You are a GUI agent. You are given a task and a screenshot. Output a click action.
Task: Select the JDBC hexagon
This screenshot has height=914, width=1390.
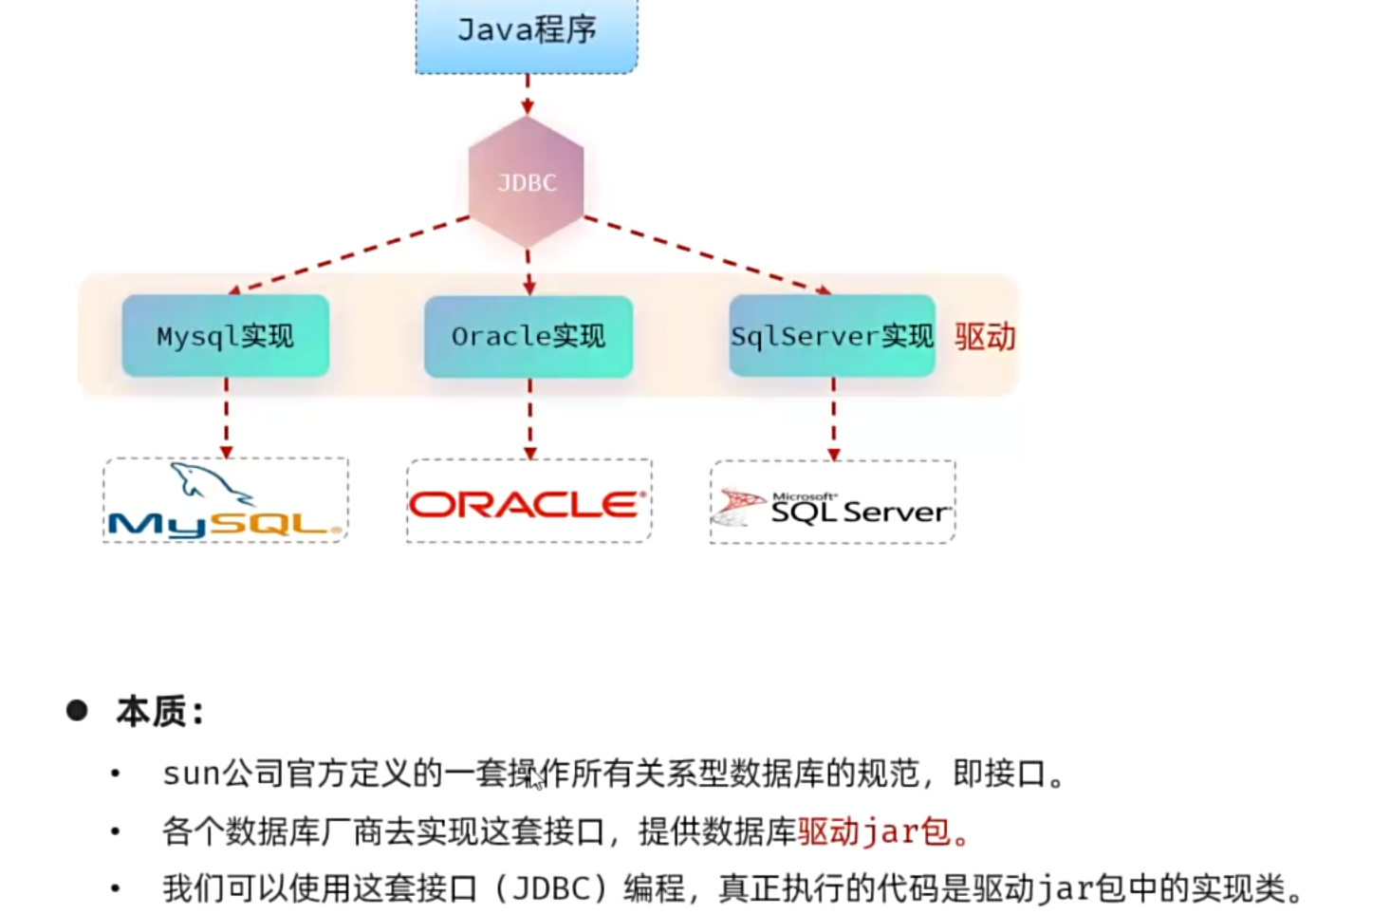(527, 182)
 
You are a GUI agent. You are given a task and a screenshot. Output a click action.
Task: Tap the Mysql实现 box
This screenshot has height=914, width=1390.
(226, 336)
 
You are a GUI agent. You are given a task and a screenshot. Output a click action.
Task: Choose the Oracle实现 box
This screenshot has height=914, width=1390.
(528, 336)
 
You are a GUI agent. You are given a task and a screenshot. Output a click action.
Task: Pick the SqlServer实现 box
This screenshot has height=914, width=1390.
(832, 336)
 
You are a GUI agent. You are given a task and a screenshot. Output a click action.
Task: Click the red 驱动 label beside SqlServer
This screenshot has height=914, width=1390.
(985, 337)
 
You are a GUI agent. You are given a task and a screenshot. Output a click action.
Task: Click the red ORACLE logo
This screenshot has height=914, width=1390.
(528, 504)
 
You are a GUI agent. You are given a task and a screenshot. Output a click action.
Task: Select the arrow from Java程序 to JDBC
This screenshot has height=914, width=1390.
(528, 95)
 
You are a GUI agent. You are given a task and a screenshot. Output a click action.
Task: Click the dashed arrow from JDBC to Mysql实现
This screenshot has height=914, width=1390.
(351, 253)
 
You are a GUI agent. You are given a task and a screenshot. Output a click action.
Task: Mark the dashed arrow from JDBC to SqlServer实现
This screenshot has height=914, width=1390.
(707, 254)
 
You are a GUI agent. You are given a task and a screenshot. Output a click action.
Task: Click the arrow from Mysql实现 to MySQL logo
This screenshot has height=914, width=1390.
(227, 419)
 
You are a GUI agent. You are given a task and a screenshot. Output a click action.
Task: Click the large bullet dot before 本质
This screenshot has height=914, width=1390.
(77, 710)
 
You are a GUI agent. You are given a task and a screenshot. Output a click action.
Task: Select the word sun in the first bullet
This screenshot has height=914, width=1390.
(192, 774)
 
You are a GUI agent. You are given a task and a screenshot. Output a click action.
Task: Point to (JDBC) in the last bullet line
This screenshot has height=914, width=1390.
(551, 888)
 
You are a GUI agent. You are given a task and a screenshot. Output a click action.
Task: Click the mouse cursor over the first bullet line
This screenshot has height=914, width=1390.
(537, 779)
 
